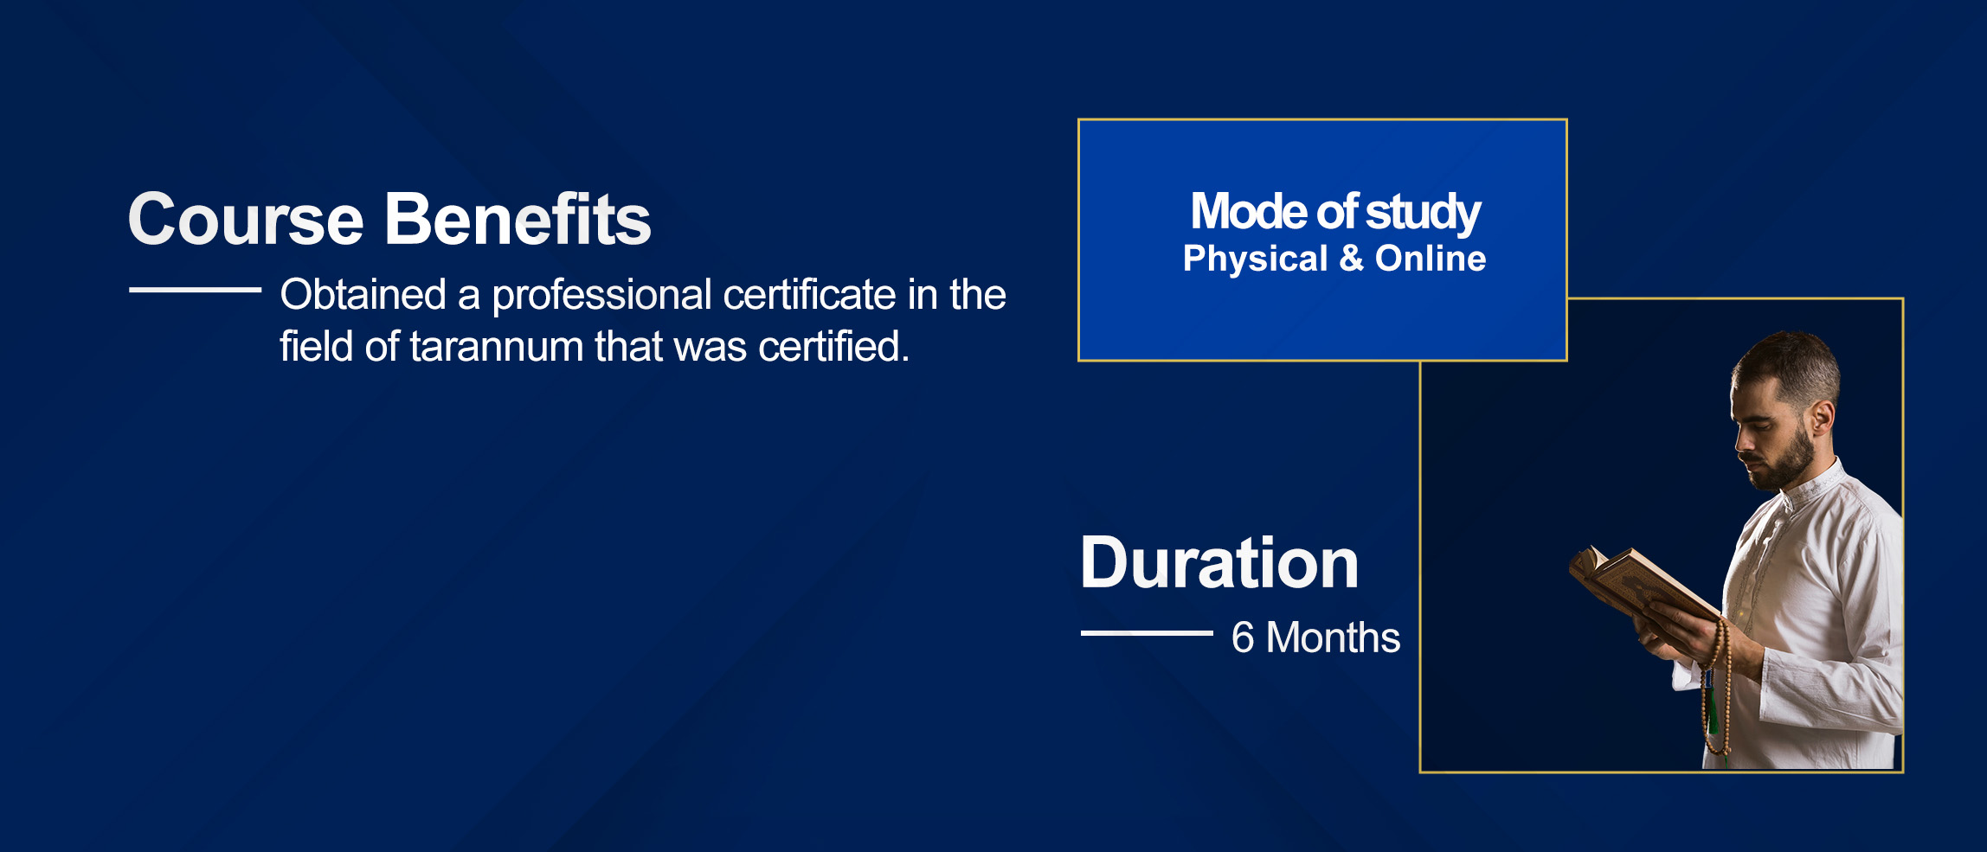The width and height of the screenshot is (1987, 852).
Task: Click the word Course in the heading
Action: [x=246, y=219]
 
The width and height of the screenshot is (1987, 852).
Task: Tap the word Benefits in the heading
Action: [x=518, y=219]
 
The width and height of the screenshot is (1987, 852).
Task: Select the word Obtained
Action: [x=363, y=294]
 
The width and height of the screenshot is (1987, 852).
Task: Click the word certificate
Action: [x=810, y=294]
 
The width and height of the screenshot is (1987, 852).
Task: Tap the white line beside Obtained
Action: [x=195, y=290]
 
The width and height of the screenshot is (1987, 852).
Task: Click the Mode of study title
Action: [x=1335, y=213]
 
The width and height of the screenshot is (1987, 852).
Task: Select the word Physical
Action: [x=1255, y=259]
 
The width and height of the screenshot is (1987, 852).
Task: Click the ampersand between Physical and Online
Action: [x=1351, y=259]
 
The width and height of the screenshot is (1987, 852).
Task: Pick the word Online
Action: [x=1431, y=258]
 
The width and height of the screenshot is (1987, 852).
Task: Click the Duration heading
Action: [x=1219, y=563]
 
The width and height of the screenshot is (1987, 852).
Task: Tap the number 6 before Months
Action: [x=1243, y=637]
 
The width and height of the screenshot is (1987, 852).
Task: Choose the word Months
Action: [x=1333, y=637]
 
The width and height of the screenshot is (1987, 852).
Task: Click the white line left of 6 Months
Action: [x=1147, y=633]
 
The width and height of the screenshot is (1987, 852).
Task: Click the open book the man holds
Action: [x=1640, y=588]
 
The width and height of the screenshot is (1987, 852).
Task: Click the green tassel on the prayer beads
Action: [x=1711, y=705]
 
